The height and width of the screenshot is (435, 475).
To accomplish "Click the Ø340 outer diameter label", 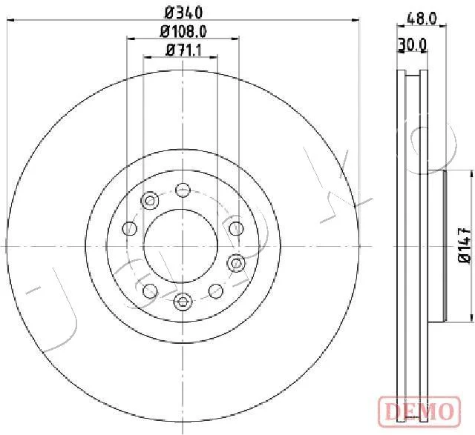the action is coord(183,12).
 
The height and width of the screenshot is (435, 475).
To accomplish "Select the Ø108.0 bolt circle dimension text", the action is coord(183,31).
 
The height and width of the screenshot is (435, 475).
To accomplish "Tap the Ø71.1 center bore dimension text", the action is coord(183,50).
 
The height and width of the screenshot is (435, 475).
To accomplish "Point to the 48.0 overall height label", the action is coord(422,19).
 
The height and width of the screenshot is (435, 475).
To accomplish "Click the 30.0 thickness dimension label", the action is coord(413,45).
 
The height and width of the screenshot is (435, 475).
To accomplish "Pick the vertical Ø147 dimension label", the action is coord(465,245).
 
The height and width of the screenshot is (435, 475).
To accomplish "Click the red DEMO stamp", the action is coord(419,412).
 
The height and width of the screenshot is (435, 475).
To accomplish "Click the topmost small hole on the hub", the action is coord(183,190).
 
